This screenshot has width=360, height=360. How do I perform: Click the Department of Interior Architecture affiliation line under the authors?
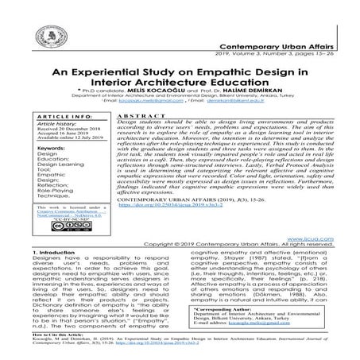click(x=180, y=99)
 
